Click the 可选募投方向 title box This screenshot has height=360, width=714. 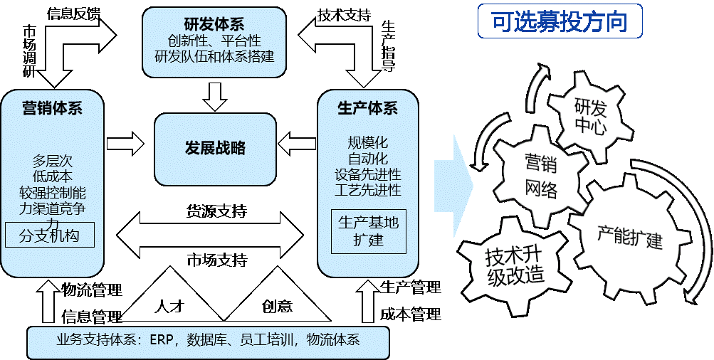[560, 21]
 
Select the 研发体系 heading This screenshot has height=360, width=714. [215, 22]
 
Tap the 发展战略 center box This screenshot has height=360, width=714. [215, 149]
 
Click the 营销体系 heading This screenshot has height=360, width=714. [53, 108]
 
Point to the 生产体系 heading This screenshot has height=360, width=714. [367, 108]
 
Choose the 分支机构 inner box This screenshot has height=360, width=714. [50, 235]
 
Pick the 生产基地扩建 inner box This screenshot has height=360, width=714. [368, 232]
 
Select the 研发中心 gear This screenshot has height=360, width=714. [591, 117]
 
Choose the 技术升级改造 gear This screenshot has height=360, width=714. [515, 266]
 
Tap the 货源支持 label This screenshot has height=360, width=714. [216, 211]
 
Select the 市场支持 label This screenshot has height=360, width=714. [216, 260]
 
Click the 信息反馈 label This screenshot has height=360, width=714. [74, 14]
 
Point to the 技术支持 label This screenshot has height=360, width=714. [344, 15]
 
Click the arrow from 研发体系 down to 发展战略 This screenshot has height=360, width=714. [214, 97]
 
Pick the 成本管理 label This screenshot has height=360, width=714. [411, 314]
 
